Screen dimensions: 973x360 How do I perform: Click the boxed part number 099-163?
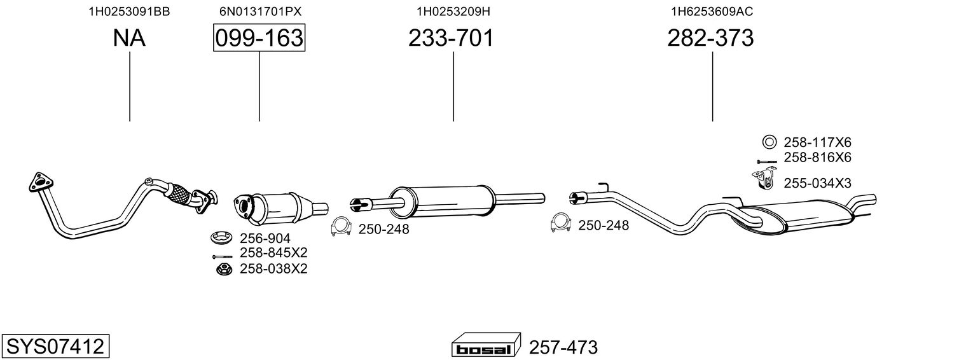[259, 38]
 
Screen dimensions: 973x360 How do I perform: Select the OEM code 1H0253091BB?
[130, 11]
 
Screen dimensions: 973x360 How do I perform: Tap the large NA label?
[129, 38]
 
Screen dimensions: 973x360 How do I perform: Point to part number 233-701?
[451, 38]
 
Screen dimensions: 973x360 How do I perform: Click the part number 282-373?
[710, 38]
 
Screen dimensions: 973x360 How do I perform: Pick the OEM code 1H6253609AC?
[712, 11]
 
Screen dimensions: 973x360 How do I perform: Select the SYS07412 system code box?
[55, 346]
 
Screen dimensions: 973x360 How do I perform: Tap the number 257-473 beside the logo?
[563, 347]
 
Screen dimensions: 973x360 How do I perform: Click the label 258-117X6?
[817, 142]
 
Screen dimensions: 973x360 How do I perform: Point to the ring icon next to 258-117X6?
[769, 142]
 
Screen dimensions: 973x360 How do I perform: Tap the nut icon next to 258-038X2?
[224, 269]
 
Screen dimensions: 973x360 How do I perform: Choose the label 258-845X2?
[273, 253]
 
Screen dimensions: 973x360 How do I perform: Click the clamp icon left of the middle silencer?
[341, 226]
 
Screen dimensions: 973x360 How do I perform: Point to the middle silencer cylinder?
[442, 201]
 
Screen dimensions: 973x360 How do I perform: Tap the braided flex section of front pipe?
[177, 195]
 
